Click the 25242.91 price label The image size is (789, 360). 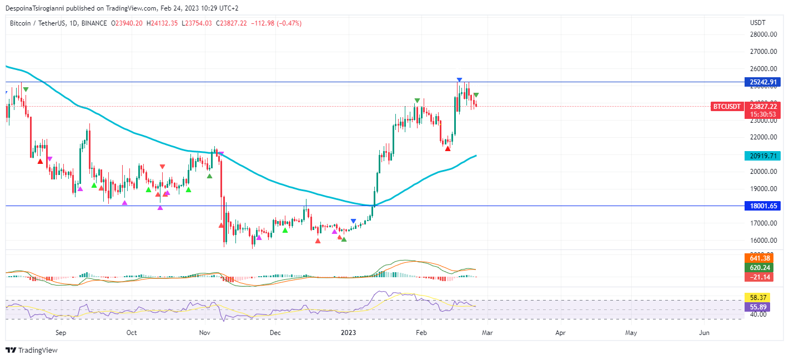pos(765,82)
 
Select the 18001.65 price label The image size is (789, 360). pos(765,206)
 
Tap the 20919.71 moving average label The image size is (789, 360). pos(765,156)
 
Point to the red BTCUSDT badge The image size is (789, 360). pos(727,107)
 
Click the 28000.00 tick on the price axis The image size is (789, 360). pos(763,34)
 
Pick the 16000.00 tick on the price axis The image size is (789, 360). pos(763,241)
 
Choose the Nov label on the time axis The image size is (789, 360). pos(205,333)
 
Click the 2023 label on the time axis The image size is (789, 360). pos(348,333)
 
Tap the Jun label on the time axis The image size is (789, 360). pos(704,333)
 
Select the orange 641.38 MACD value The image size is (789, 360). pos(758,258)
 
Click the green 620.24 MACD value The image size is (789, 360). pos(758,267)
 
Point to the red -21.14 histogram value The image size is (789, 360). pos(758,277)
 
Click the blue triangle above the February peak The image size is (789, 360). pos(459,81)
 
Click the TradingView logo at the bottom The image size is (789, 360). pos(32,351)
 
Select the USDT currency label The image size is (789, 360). pos(757,23)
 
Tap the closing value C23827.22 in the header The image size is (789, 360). pos(232,23)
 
